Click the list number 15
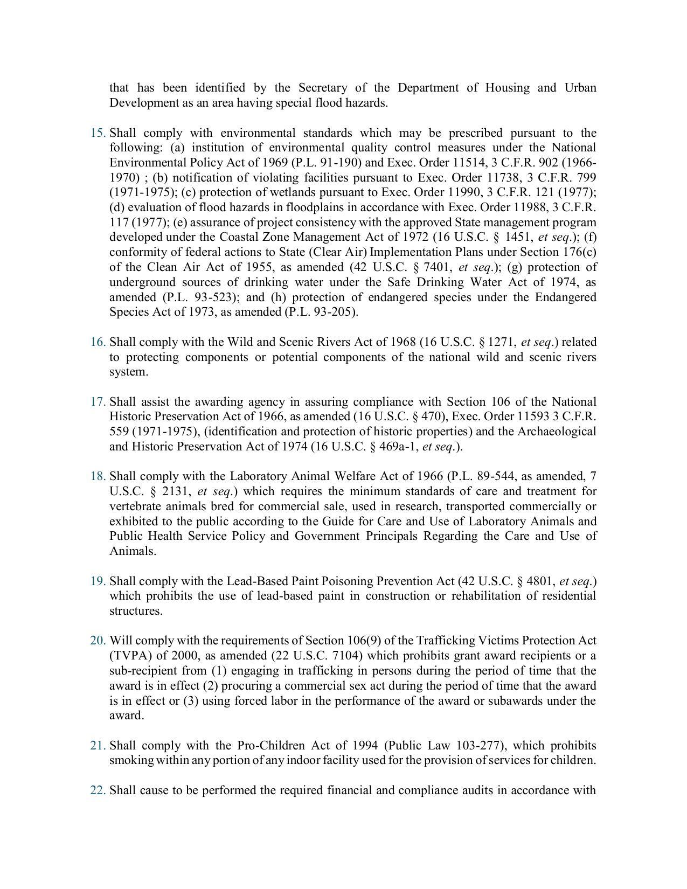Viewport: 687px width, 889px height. (98, 133)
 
